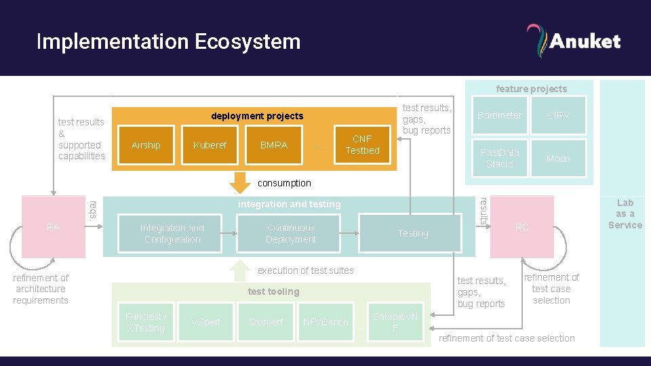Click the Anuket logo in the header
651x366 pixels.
coord(573,41)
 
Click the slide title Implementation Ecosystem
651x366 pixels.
coord(168,41)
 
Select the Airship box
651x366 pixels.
coord(146,145)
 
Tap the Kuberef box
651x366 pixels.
coord(210,145)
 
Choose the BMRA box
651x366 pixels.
coord(273,145)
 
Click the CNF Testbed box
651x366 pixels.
coord(362,145)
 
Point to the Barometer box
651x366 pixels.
coord(500,115)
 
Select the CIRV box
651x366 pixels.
coord(558,115)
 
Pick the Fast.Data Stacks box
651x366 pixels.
coord(500,159)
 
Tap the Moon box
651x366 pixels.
coord(558,159)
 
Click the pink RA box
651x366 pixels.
coord(54,228)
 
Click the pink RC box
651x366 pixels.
coord(521,228)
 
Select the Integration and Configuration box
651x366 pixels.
coord(172,233)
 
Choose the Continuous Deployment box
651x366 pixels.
coord(290,233)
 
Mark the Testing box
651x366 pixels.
coord(413,233)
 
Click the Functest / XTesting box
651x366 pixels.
coord(145,322)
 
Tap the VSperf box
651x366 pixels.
coord(205,322)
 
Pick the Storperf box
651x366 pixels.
coord(266,322)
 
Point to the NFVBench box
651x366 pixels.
coord(325,322)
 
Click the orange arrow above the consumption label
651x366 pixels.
coord(238,182)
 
